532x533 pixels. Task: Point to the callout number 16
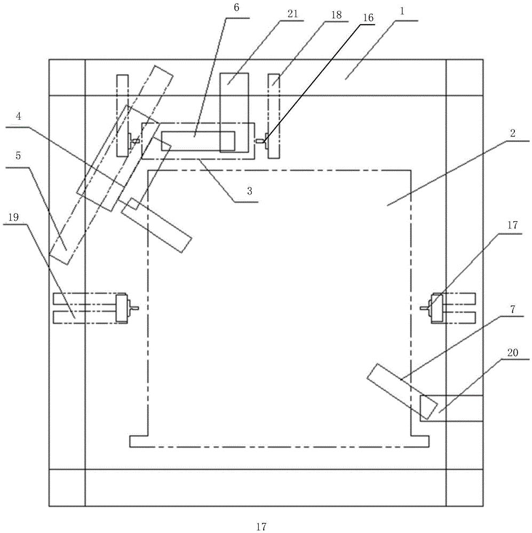[368, 18]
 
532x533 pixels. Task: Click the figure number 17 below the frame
[261, 527]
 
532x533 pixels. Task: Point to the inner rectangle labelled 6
[197, 140]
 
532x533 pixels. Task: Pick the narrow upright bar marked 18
[274, 116]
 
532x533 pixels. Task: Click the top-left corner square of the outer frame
[67, 77]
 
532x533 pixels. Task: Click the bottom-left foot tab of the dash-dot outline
[138, 441]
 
